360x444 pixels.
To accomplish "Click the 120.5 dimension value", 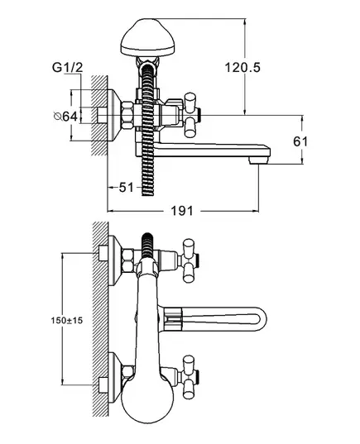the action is pyautogui.click(x=242, y=68).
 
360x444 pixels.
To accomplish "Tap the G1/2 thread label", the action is pyautogui.click(x=68, y=68).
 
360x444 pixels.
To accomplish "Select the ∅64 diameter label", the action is pyautogui.click(x=65, y=116).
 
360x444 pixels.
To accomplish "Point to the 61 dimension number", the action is pyautogui.click(x=300, y=141).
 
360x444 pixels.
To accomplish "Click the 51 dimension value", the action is pyautogui.click(x=126, y=187).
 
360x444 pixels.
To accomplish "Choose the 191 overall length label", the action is pyautogui.click(x=182, y=211).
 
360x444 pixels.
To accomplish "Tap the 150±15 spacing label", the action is pyautogui.click(x=67, y=321).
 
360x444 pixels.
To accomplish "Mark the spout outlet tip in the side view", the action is pyautogui.click(x=258, y=161).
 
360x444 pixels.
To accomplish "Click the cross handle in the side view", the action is pyautogui.click(x=190, y=115).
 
